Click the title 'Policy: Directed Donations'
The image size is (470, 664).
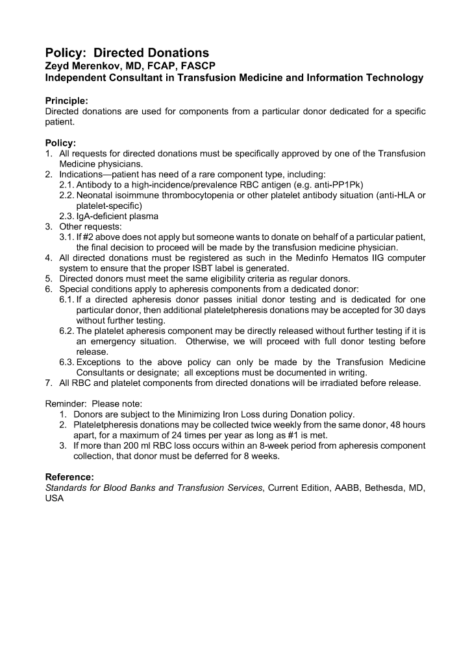127,53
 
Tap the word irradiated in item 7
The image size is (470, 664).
334,383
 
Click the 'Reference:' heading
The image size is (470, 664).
70,477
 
